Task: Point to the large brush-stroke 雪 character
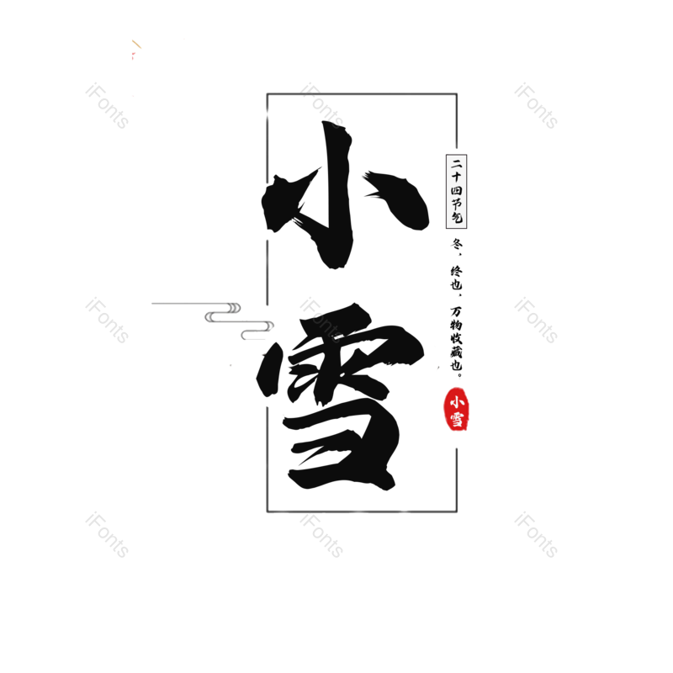341,395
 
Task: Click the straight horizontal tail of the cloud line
177,302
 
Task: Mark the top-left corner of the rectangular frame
268,94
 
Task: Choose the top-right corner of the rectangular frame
457,94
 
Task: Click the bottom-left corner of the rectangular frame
268,511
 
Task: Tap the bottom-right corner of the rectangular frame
457,511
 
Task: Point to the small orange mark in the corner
135,46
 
